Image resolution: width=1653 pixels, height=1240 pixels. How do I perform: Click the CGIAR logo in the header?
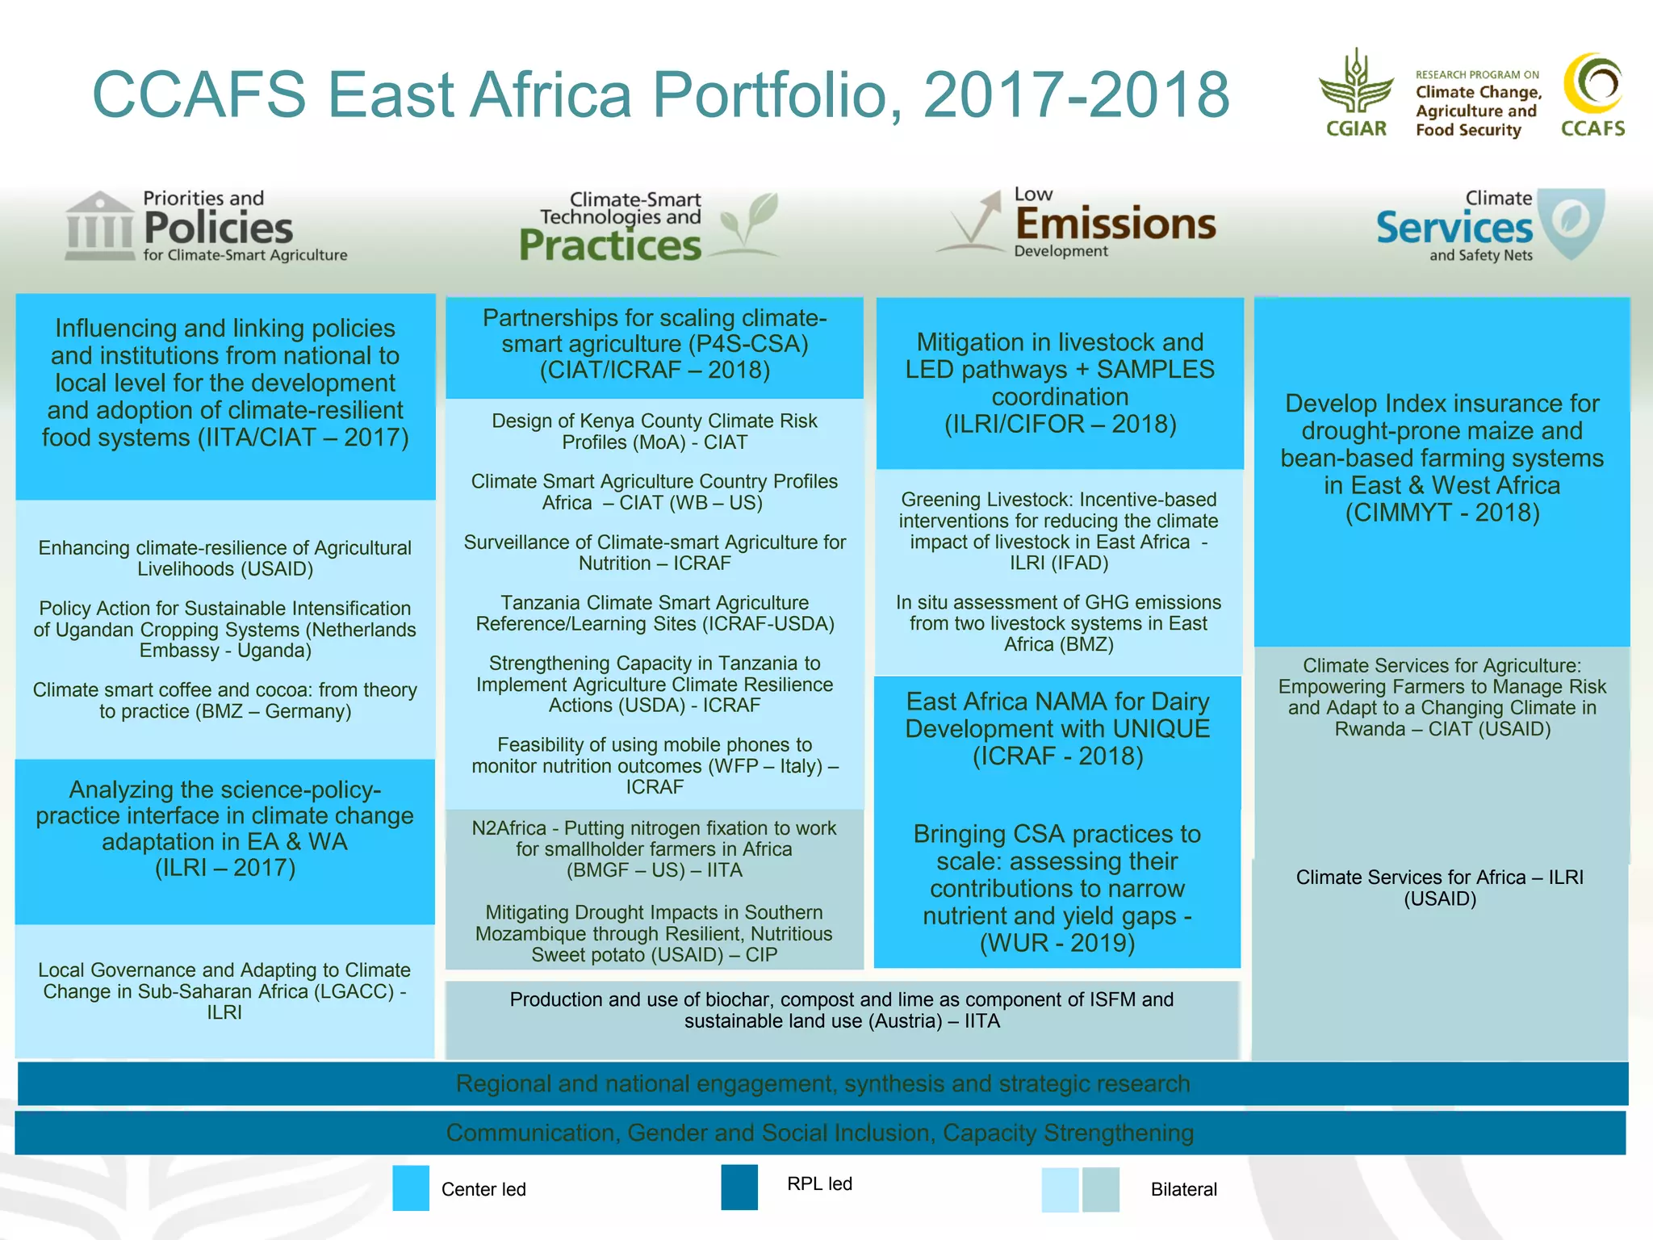tap(1356, 93)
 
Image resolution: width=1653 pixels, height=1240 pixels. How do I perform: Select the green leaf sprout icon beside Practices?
tap(748, 224)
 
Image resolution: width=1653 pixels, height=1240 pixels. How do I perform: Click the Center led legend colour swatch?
tap(411, 1188)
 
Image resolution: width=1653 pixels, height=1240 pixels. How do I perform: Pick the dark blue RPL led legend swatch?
tap(739, 1187)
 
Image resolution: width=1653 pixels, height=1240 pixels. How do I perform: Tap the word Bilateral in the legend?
tap(1183, 1189)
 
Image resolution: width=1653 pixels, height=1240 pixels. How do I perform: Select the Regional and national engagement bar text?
tap(822, 1083)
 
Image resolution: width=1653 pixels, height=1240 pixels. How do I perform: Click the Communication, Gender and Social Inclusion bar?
tap(819, 1133)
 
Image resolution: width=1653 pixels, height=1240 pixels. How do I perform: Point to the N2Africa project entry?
tap(654, 849)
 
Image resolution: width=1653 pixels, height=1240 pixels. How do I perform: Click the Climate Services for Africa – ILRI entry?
tap(1439, 888)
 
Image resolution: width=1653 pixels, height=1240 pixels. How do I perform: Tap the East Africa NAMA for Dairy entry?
tap(1057, 728)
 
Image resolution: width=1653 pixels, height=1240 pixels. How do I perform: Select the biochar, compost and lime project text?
tap(842, 1010)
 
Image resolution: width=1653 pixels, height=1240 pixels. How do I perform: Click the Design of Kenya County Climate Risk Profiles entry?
tap(654, 431)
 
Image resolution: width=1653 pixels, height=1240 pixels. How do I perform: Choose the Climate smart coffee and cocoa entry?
tap(225, 701)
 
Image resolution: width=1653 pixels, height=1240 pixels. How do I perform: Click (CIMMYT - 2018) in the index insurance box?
tap(1442, 513)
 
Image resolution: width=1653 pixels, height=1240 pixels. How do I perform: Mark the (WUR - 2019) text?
tap(1057, 943)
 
